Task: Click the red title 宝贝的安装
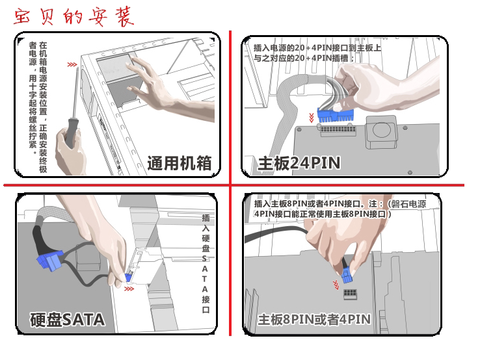click(x=73, y=17)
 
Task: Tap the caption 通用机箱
click(x=180, y=163)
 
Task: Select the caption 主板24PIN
click(x=299, y=163)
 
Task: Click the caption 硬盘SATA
click(x=68, y=320)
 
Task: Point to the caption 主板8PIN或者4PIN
click(x=314, y=320)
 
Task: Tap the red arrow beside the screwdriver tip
click(x=72, y=64)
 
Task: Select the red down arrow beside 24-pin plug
click(x=312, y=118)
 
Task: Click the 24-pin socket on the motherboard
click(x=338, y=130)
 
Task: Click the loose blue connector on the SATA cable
click(x=49, y=261)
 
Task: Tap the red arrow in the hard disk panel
click(x=129, y=289)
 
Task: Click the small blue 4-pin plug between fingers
click(x=347, y=276)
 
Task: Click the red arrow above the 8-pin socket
click(x=336, y=285)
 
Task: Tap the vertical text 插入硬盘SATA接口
click(x=206, y=264)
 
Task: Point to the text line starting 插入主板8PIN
click(x=340, y=203)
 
